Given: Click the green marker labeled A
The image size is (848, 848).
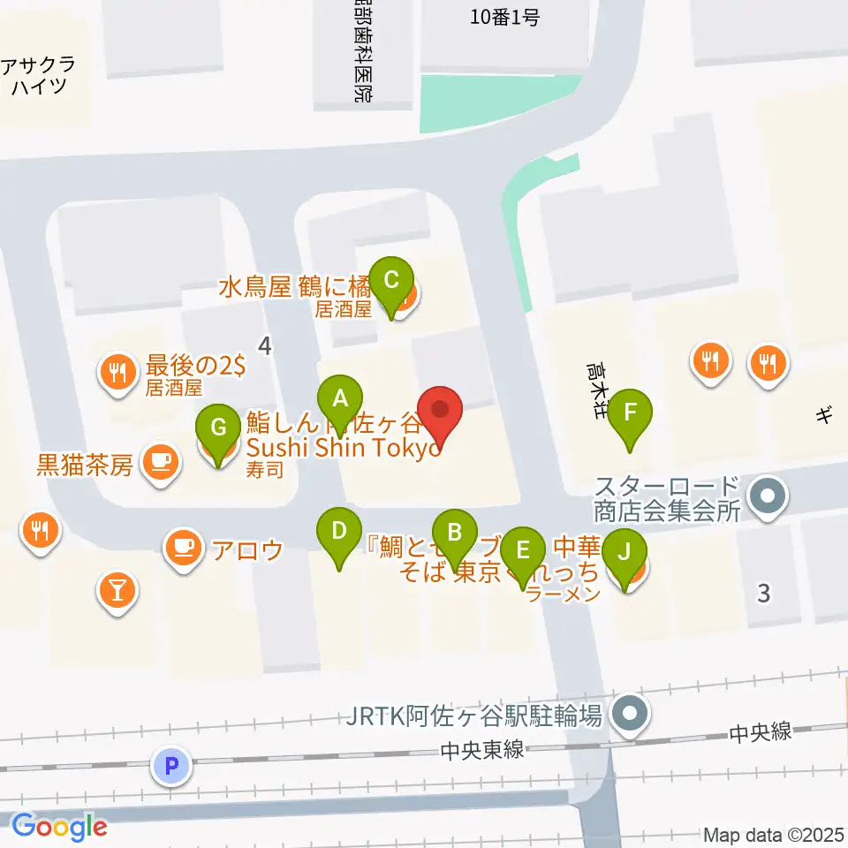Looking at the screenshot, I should point(339,402).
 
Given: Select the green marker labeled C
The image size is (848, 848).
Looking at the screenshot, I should point(391,282).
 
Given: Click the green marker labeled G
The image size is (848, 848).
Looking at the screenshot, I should point(219,430).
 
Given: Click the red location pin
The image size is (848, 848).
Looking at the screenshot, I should point(439,413).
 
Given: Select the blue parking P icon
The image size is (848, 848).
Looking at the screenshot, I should point(172,765).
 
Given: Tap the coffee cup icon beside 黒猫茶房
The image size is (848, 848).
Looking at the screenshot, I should point(160,463).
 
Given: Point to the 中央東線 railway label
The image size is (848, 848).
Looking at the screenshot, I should point(485,751).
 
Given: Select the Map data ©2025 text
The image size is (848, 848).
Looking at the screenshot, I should point(775,834).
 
